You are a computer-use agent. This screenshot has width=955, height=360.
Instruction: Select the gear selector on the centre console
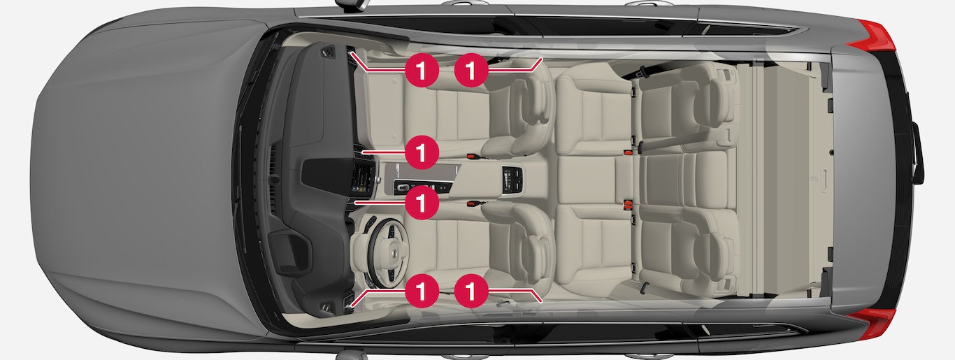(x=403, y=187)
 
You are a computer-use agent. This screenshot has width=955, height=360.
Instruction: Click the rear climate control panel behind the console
(x=512, y=180)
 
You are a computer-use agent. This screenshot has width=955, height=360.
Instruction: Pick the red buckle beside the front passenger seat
(x=471, y=157)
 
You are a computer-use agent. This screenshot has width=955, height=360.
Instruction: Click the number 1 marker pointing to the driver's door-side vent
(x=422, y=291)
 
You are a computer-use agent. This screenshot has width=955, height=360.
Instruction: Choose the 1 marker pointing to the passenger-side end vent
(x=422, y=70)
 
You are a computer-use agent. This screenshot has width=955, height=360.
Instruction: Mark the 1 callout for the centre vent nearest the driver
(x=422, y=202)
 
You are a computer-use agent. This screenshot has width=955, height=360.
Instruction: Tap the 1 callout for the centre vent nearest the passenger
(x=422, y=152)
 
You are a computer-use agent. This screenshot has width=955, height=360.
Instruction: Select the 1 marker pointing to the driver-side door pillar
(x=471, y=291)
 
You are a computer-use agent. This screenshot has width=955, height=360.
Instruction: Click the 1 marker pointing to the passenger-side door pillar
(x=471, y=70)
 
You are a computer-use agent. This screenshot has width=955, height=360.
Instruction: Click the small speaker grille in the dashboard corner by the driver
(x=327, y=308)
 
